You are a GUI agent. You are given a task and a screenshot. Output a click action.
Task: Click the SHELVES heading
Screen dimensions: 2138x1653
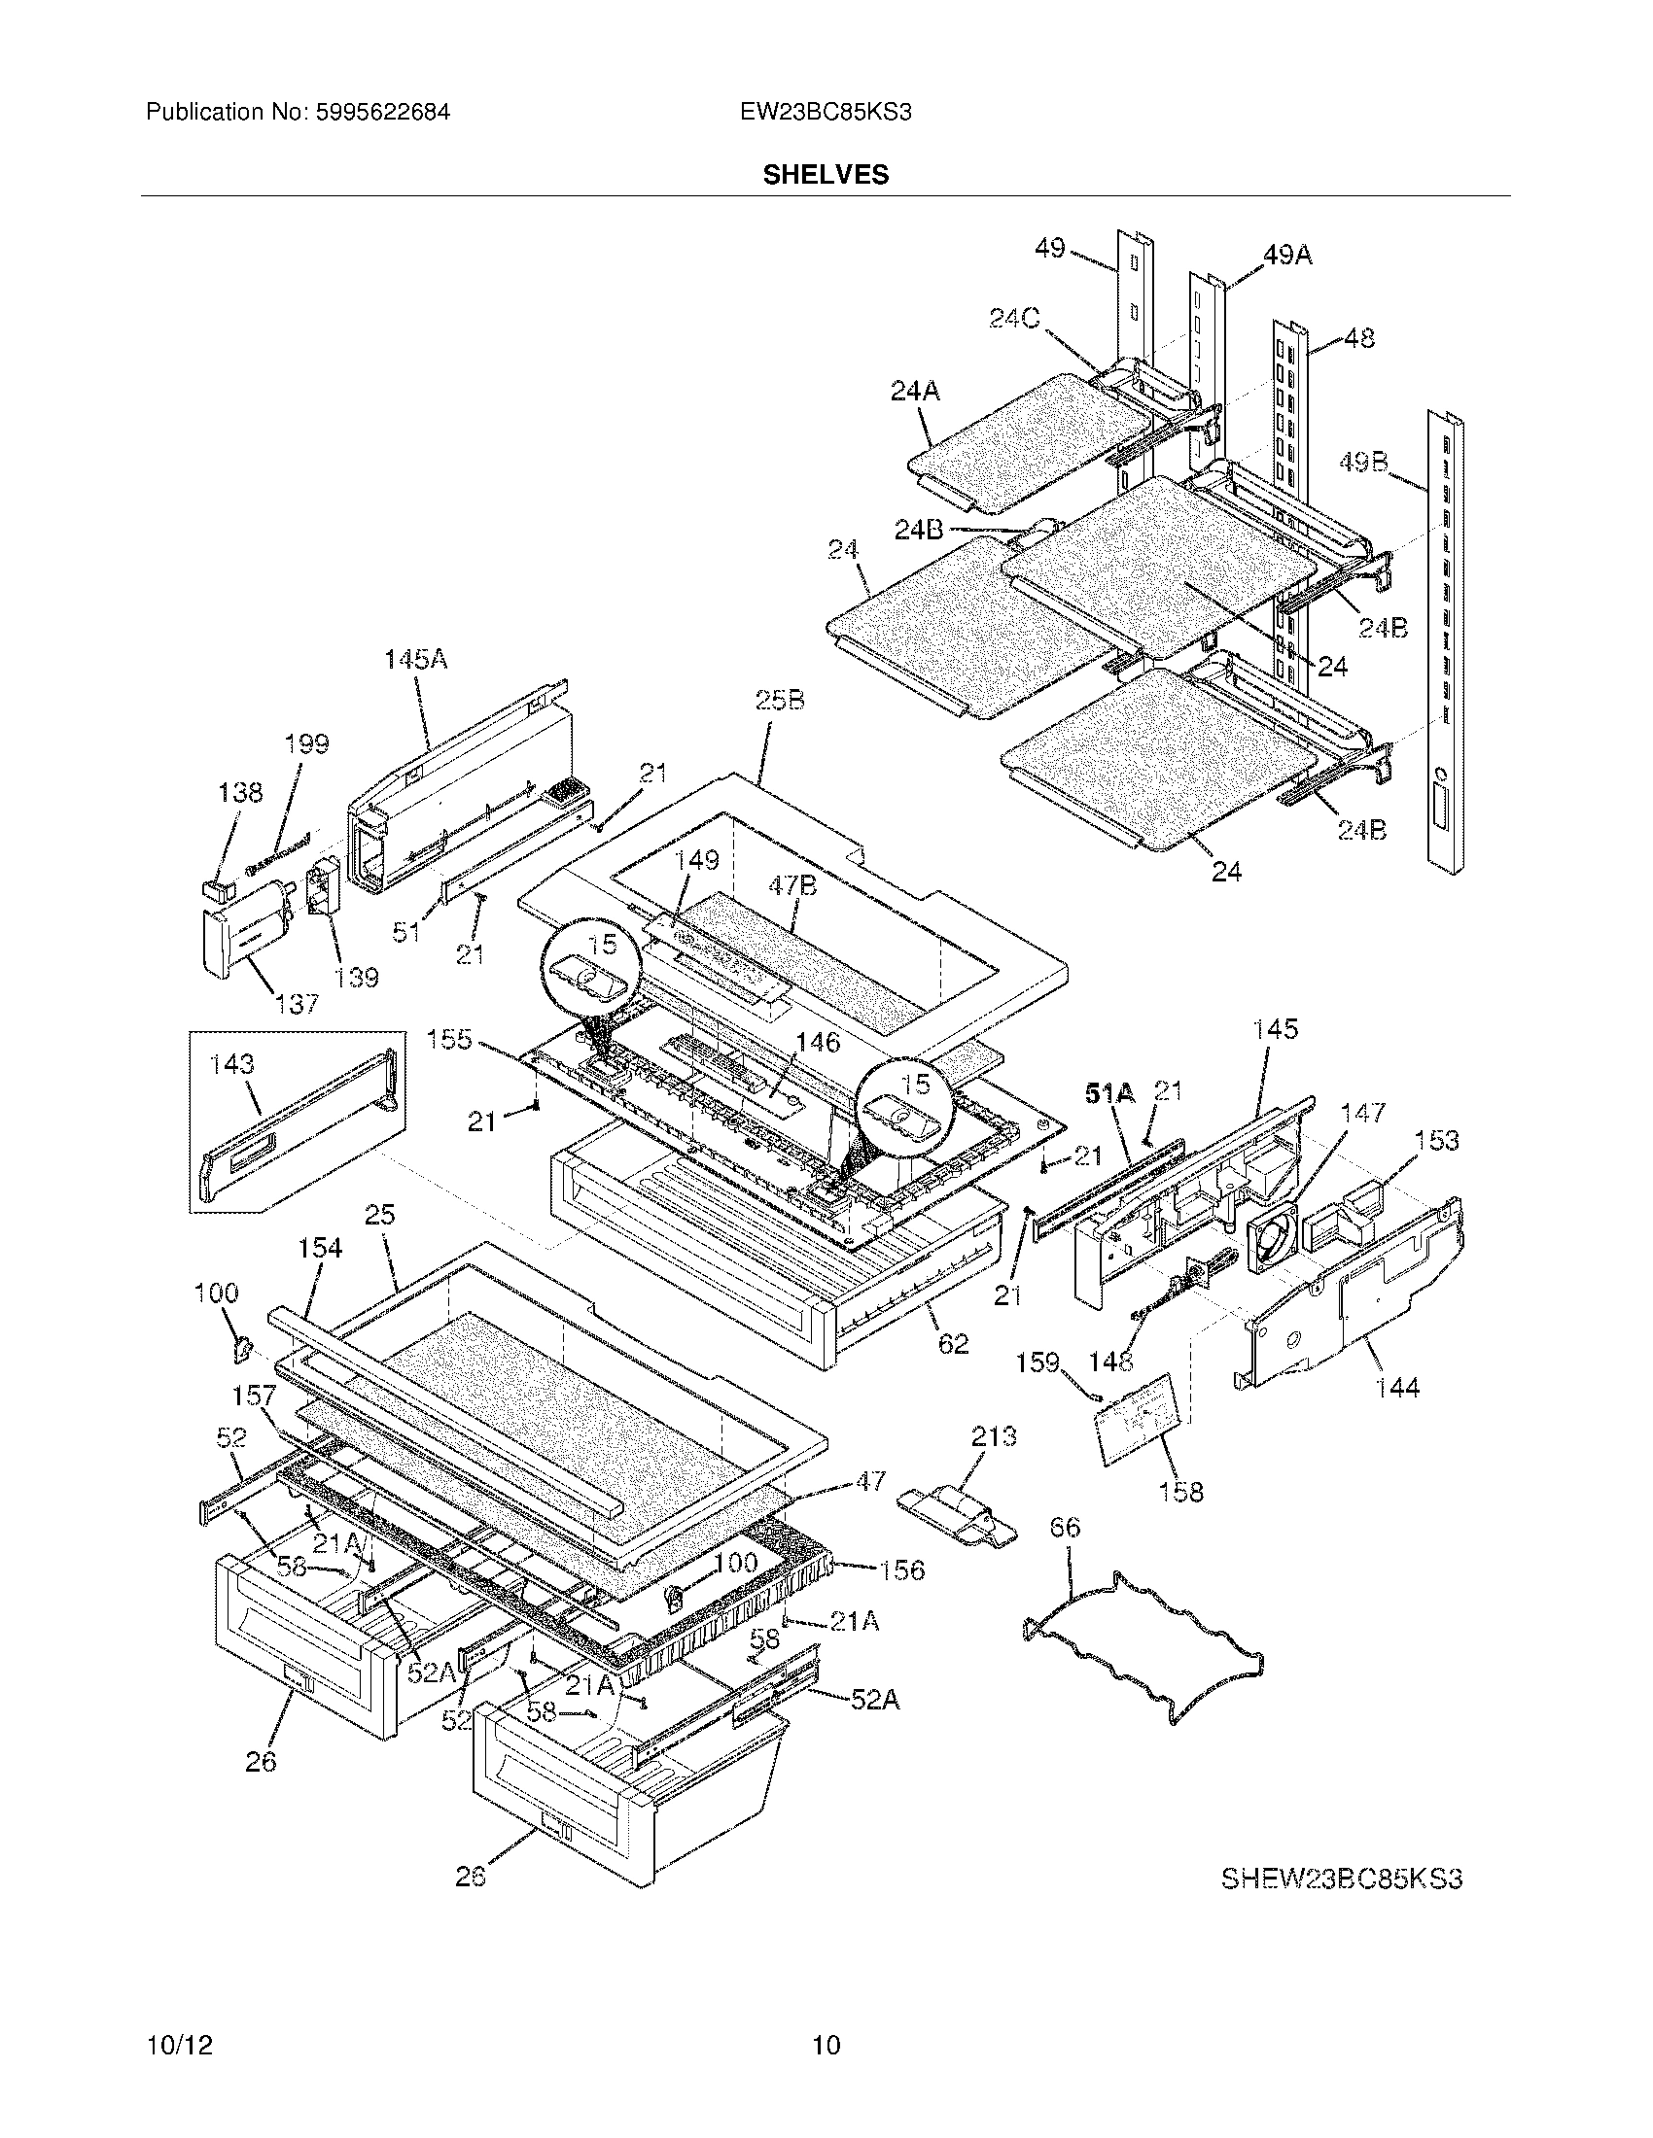click(826, 174)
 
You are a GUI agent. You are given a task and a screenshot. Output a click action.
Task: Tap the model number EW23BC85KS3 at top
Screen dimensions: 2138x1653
click(826, 113)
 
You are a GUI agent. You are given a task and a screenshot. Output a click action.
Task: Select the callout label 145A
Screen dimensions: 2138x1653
click(415, 660)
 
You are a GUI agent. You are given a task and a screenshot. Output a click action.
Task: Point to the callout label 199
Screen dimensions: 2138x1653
click(306, 743)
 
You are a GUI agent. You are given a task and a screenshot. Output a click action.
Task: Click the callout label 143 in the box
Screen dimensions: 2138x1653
click(232, 1064)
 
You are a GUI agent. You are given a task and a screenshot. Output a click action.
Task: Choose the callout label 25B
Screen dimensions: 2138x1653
click(780, 700)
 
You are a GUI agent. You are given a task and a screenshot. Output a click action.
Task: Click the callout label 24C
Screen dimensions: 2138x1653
click(1014, 319)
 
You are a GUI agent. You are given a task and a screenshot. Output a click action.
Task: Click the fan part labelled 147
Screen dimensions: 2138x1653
click(1274, 1239)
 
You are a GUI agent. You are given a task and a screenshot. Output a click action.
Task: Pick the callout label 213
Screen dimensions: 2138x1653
click(993, 1437)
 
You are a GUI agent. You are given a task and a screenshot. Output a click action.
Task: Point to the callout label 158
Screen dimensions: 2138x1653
click(1180, 1492)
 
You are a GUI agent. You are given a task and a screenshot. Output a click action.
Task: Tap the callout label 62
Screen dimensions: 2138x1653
click(953, 1344)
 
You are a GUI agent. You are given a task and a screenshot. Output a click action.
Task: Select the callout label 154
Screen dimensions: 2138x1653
click(320, 1247)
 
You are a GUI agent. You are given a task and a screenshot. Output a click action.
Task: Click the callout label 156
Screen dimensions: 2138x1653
click(901, 1570)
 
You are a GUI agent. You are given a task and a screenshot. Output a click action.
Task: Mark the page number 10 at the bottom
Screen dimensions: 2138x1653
click(826, 2045)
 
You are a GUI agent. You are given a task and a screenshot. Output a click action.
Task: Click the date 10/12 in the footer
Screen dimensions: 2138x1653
click(179, 2045)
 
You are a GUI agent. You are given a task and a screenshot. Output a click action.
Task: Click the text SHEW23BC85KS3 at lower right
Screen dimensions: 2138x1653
click(1341, 1879)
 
